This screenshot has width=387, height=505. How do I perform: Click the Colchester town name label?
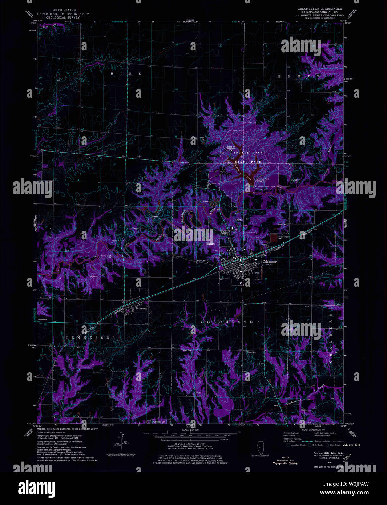[270, 262]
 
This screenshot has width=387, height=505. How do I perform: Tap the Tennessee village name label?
[141, 308]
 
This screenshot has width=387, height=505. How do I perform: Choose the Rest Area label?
[43, 319]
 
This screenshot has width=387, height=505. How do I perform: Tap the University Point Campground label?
[262, 180]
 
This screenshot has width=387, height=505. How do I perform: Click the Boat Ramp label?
[229, 161]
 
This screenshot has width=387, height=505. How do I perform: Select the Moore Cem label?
[201, 261]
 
